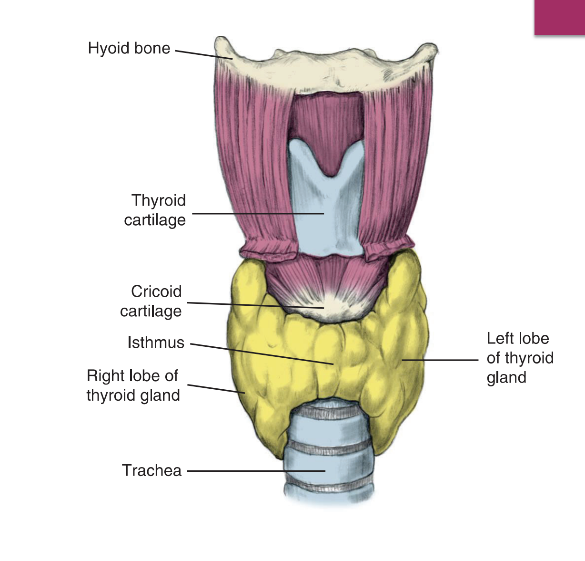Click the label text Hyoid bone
(x=129, y=49)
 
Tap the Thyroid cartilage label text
(x=155, y=210)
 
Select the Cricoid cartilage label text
(x=151, y=301)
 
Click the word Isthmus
(x=156, y=343)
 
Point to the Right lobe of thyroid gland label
(x=133, y=385)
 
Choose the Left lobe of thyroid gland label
(x=520, y=358)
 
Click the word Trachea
(x=152, y=471)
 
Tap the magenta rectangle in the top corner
(x=559, y=17)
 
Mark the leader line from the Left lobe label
(x=440, y=360)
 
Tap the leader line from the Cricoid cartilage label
(x=255, y=305)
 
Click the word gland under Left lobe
(x=506, y=378)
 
